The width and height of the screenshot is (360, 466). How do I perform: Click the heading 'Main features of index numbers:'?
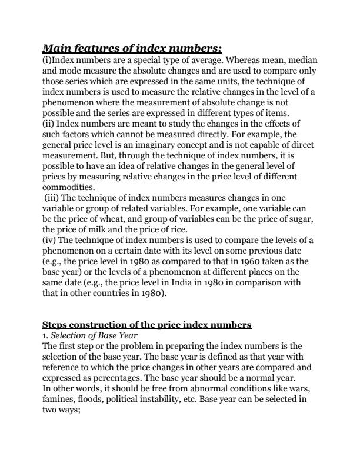pyautogui.click(x=132, y=48)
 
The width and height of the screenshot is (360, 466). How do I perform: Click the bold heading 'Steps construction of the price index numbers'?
pyautogui.click(x=147, y=325)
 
